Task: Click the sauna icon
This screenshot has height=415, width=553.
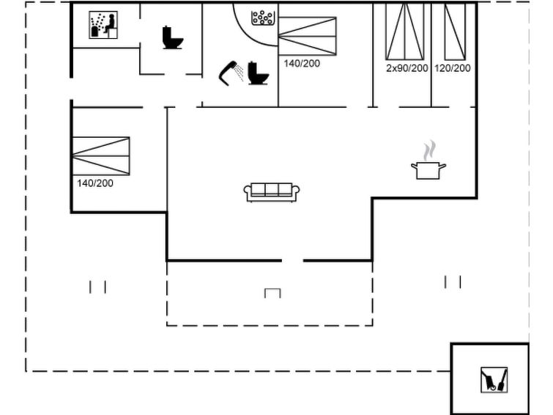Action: [x=103, y=25]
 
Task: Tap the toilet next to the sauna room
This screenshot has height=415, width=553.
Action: [x=172, y=37]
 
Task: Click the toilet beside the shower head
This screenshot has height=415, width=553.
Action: [x=258, y=73]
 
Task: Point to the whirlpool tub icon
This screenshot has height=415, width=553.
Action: [x=263, y=18]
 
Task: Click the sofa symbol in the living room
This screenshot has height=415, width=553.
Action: [x=272, y=193]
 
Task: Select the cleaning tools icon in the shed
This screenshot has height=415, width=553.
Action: [x=494, y=380]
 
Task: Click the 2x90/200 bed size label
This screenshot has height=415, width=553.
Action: [x=407, y=68]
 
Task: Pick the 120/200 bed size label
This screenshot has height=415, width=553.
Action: [x=453, y=68]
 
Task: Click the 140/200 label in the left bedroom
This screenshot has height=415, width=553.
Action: [x=95, y=183]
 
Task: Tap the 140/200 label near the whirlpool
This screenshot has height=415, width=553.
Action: [x=302, y=64]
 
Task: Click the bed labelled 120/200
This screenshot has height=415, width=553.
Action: [x=455, y=32]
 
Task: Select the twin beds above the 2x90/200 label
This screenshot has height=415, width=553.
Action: [x=405, y=32]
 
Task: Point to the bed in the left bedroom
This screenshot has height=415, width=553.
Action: [x=101, y=156]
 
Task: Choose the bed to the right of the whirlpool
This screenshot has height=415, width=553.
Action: [x=307, y=36]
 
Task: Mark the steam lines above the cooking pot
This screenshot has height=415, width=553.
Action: [x=429, y=150]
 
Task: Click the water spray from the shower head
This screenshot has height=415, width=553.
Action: [x=240, y=73]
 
